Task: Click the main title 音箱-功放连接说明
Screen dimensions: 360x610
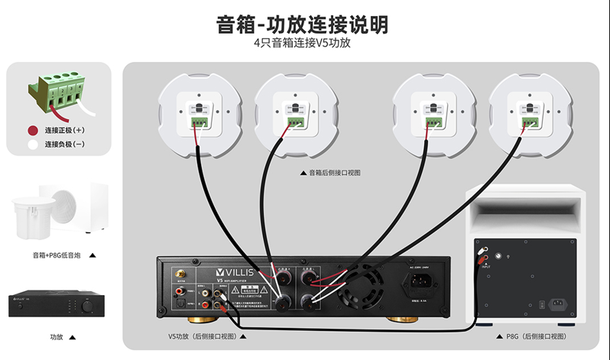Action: click(x=303, y=24)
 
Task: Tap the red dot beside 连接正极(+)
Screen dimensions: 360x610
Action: click(x=33, y=131)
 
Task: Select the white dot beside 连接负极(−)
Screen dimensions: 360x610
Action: click(x=33, y=144)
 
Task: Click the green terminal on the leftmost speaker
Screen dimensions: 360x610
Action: click(x=200, y=121)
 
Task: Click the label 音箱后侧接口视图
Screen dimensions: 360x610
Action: click(x=334, y=173)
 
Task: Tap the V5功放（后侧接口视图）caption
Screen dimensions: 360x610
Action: click(x=203, y=336)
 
